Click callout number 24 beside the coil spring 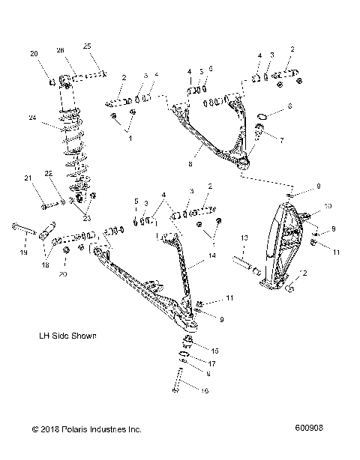31,117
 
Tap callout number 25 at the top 86,46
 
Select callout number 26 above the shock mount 61,50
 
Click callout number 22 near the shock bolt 48,174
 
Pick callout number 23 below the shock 85,218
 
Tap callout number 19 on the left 24,254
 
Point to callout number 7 281,139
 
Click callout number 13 244,237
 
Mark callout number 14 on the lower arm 212,255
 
